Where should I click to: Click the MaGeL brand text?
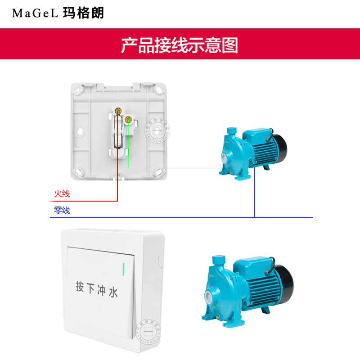pyautogui.click(x=35, y=13)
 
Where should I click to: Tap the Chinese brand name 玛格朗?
pyautogui.click(x=84, y=13)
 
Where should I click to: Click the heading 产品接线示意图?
pyautogui.click(x=180, y=45)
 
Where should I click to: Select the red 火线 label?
pyautogui.click(x=62, y=193)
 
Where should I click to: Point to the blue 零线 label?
pyautogui.click(x=62, y=210)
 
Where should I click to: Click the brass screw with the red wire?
pyautogui.click(x=118, y=111)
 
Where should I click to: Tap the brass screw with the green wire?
pyautogui.click(x=128, y=119)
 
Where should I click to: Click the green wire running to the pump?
pyautogui.click(x=175, y=168)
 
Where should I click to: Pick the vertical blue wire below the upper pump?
pyautogui.click(x=255, y=192)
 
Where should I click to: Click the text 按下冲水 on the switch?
pyautogui.click(x=97, y=289)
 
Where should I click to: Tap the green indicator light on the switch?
pyautogui.click(x=123, y=269)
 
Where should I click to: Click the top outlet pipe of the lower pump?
pyautogui.click(x=220, y=260)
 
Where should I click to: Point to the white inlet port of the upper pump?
pyautogui.click(x=224, y=158)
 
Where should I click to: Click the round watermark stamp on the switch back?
pyautogui.click(x=157, y=130)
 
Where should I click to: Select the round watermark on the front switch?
pyautogui.click(x=148, y=331)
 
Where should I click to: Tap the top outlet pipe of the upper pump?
pyautogui.click(x=232, y=131)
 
